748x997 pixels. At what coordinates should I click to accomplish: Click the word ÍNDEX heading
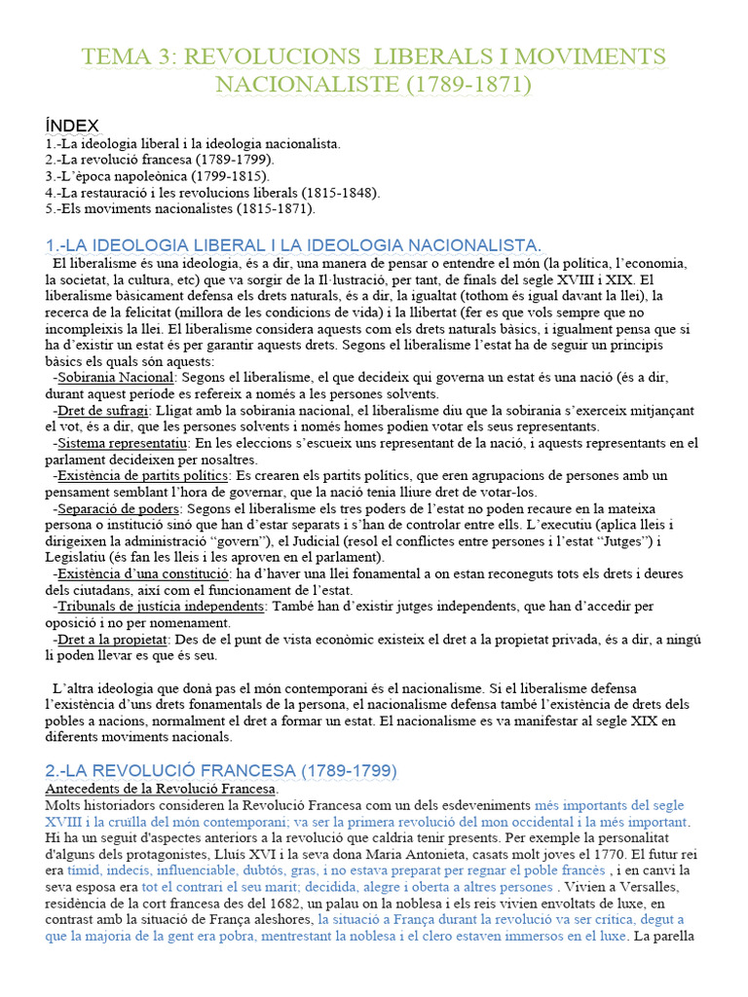(x=72, y=125)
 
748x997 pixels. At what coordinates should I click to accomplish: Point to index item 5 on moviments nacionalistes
(x=180, y=208)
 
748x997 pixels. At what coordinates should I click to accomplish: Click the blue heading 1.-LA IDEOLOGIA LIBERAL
(x=293, y=243)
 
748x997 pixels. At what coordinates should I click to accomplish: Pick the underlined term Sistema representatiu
(x=125, y=443)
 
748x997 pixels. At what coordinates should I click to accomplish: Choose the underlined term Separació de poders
(x=119, y=508)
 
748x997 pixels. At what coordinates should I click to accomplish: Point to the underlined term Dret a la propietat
(x=114, y=640)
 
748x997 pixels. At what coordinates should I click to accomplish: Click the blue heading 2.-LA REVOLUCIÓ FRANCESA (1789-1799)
(x=221, y=771)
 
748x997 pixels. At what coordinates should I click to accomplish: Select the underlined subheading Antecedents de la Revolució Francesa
(x=161, y=788)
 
